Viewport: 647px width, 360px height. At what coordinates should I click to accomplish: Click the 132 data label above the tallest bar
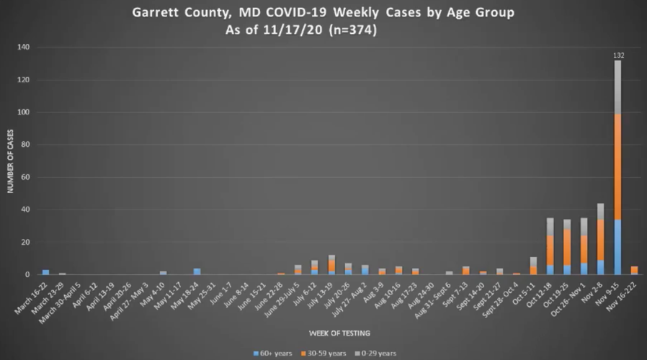click(x=617, y=55)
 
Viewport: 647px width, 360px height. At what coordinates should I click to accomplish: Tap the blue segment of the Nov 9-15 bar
click(x=617, y=247)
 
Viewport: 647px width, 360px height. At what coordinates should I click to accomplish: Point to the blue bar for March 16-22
click(x=46, y=272)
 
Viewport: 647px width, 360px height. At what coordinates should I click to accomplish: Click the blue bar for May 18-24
click(x=197, y=271)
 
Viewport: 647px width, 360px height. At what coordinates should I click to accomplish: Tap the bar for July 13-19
click(x=331, y=265)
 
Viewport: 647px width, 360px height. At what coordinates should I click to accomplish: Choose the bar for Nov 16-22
click(x=634, y=271)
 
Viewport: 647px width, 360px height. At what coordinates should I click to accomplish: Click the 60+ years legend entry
click(x=272, y=354)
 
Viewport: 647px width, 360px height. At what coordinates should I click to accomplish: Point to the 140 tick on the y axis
click(x=23, y=48)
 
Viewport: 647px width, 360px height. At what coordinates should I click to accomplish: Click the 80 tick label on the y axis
click(x=25, y=145)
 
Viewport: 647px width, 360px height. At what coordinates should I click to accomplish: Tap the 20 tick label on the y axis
click(x=25, y=242)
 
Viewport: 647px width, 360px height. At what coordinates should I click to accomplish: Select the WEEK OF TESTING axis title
click(x=329, y=332)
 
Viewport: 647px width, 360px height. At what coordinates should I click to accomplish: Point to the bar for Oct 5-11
click(x=534, y=266)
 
